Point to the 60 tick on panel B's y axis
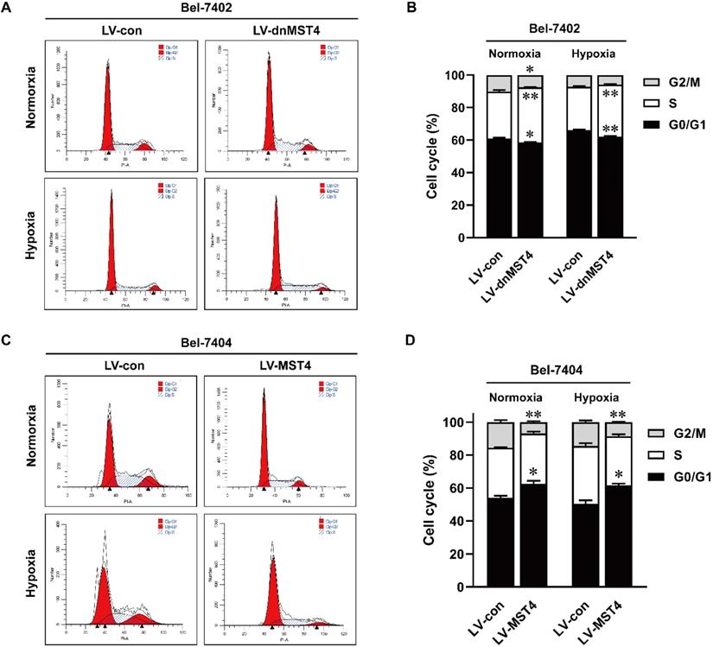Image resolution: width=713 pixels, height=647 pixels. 467,140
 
